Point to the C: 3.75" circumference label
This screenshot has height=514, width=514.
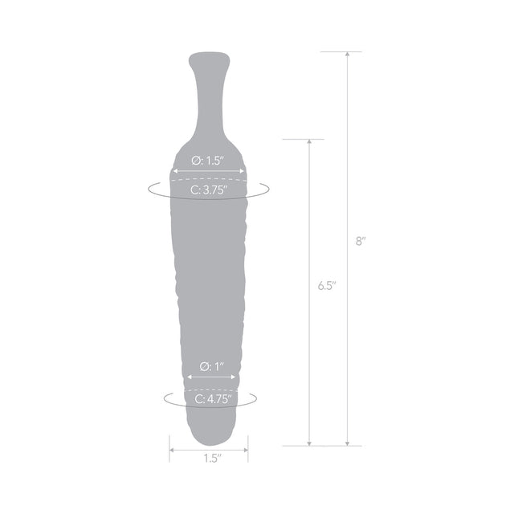pos(209,190)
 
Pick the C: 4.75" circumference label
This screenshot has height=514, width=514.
pos(210,398)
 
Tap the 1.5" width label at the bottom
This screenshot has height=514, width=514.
pos(210,459)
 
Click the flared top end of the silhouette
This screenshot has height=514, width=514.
pos(210,60)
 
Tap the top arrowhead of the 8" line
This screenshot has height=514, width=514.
pos(347,55)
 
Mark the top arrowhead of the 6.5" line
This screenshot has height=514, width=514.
pos(309,142)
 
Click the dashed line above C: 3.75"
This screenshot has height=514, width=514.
pos(209,181)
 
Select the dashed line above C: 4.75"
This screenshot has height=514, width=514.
pos(210,388)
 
